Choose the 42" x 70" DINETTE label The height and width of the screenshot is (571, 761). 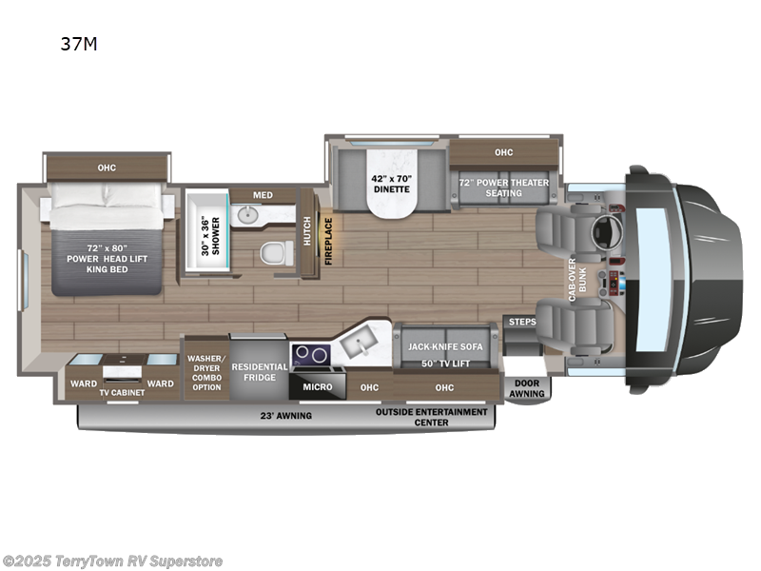pos(390,182)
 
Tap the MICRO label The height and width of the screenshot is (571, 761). pos(318,387)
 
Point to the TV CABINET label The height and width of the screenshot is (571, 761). pos(121,392)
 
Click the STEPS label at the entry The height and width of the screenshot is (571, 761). pos(521,322)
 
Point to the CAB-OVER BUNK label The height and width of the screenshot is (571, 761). pos(573,283)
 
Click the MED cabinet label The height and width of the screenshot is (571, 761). pos(263,195)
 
